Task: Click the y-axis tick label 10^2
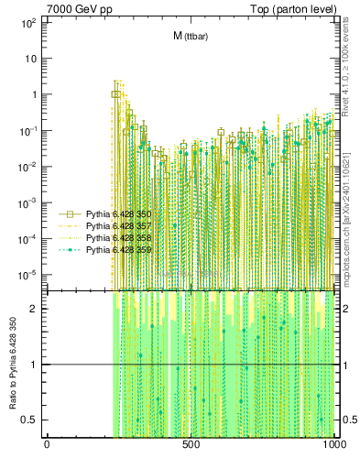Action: coord(27,22)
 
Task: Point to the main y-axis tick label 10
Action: coord(30,58)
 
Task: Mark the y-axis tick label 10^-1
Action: coord(27,130)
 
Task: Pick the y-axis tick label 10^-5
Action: coord(27,274)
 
